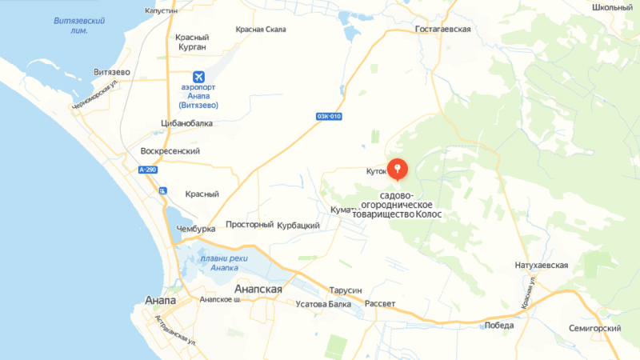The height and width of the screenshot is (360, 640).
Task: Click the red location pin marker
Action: click(398, 169)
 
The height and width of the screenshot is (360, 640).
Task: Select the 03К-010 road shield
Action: click(329, 116)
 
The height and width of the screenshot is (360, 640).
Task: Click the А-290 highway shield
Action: click(147, 170)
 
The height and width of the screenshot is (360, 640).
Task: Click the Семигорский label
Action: click(595, 329)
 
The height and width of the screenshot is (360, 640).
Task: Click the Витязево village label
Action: click(112, 72)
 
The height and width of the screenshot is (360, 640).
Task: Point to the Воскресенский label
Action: click(170, 150)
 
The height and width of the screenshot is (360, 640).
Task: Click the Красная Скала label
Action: click(261, 30)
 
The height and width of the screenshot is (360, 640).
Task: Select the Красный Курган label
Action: click(191, 42)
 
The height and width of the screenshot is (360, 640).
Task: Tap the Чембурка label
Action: click(196, 229)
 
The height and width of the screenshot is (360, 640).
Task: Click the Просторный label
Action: click(250, 225)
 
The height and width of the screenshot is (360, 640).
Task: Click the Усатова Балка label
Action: click(323, 304)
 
